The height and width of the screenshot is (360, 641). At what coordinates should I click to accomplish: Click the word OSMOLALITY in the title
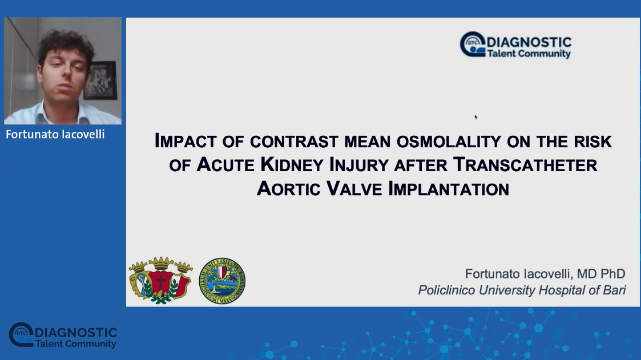pos(449,141)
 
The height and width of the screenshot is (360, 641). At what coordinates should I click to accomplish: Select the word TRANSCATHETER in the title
pos(525,165)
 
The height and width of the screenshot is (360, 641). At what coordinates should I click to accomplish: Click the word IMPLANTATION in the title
pos(449,189)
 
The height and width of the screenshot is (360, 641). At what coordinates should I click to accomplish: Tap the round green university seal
pos(222,281)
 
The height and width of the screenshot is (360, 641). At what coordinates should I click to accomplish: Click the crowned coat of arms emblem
pos(160,280)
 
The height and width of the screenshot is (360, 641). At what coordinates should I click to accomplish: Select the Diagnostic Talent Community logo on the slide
pos(515,45)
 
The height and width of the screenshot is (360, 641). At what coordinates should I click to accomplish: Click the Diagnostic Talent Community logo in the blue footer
pos(63,335)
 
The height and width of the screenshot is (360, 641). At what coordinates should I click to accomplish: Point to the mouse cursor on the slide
pos(476,117)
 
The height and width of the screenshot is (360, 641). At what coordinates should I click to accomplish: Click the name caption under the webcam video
pos(55,134)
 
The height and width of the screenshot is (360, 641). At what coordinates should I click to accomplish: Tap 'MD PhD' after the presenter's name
pos(601,274)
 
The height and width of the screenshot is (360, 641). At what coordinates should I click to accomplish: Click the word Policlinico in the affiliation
pos(446,290)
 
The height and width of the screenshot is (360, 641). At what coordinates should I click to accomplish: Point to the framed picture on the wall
pos(100,80)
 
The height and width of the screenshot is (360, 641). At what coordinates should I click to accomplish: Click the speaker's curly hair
pos(65,46)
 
